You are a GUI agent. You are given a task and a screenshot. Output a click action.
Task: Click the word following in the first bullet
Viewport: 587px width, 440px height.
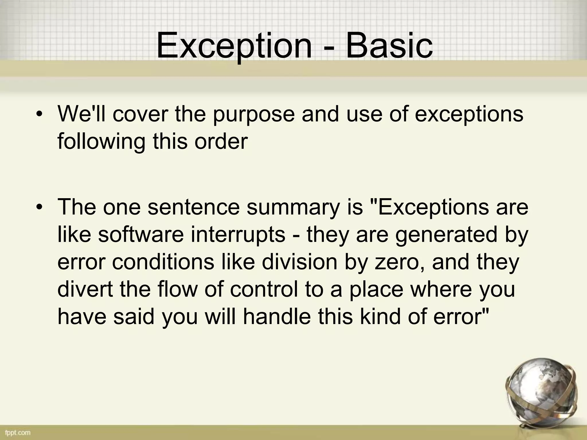click(101, 142)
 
